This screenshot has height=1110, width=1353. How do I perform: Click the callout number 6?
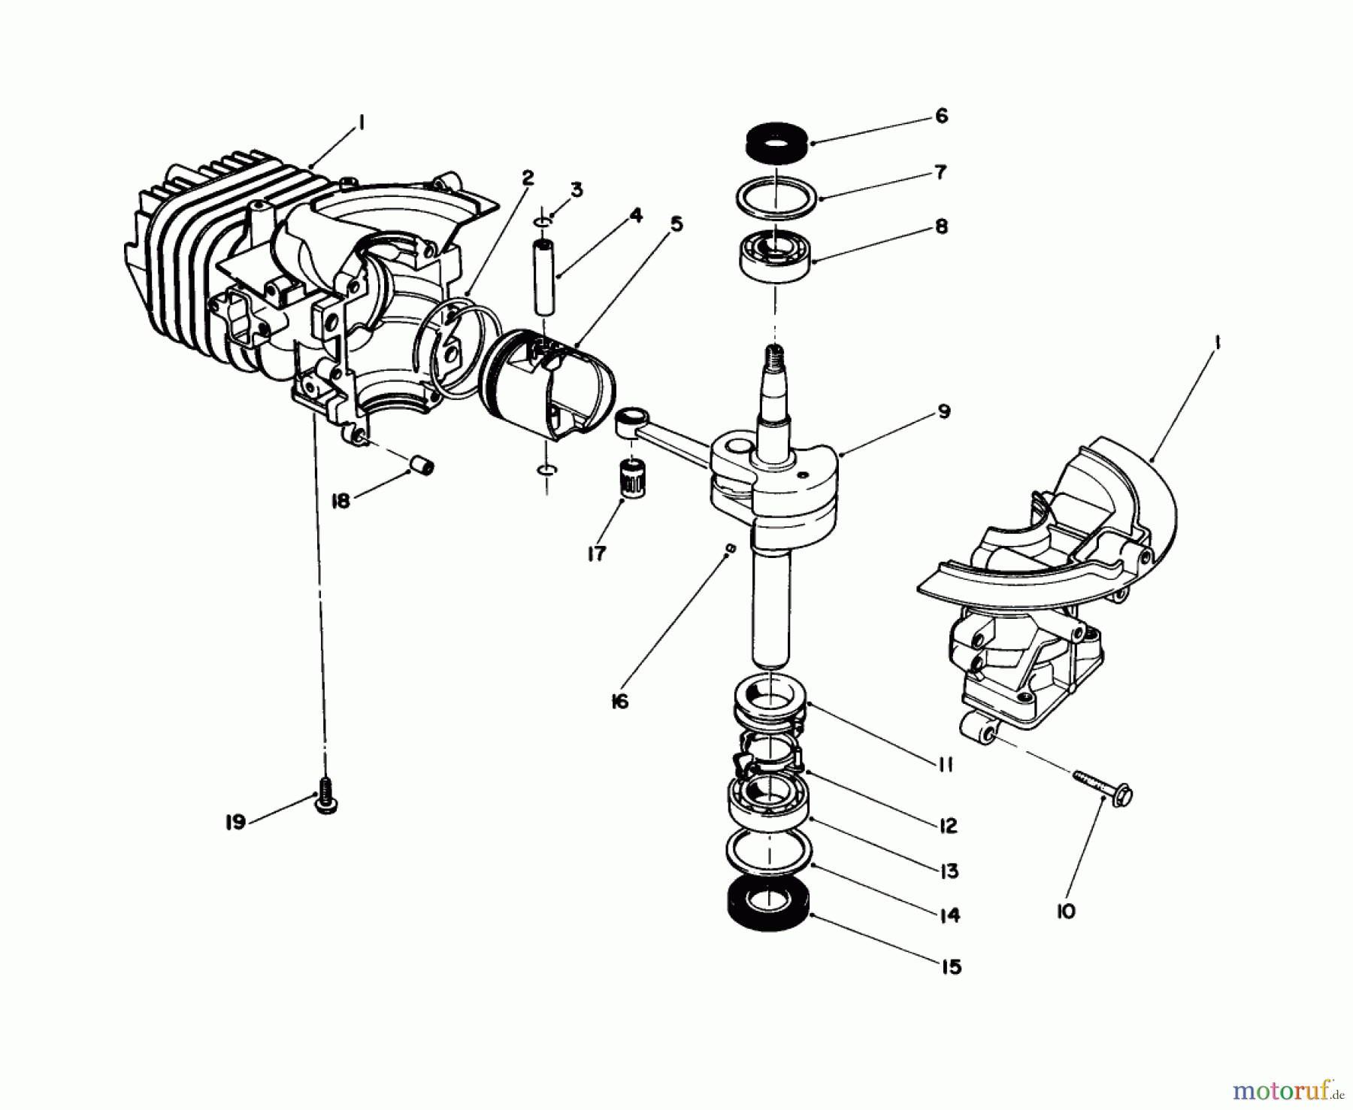(942, 116)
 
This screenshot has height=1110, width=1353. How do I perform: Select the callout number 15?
(951, 966)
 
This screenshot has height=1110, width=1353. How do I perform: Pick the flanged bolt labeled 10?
(1105, 786)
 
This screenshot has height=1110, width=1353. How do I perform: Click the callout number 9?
(944, 411)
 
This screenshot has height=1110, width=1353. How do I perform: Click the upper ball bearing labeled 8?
(774, 258)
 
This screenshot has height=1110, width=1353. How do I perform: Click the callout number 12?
(948, 825)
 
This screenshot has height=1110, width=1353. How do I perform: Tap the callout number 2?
(528, 177)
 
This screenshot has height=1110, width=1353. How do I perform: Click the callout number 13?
(949, 871)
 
